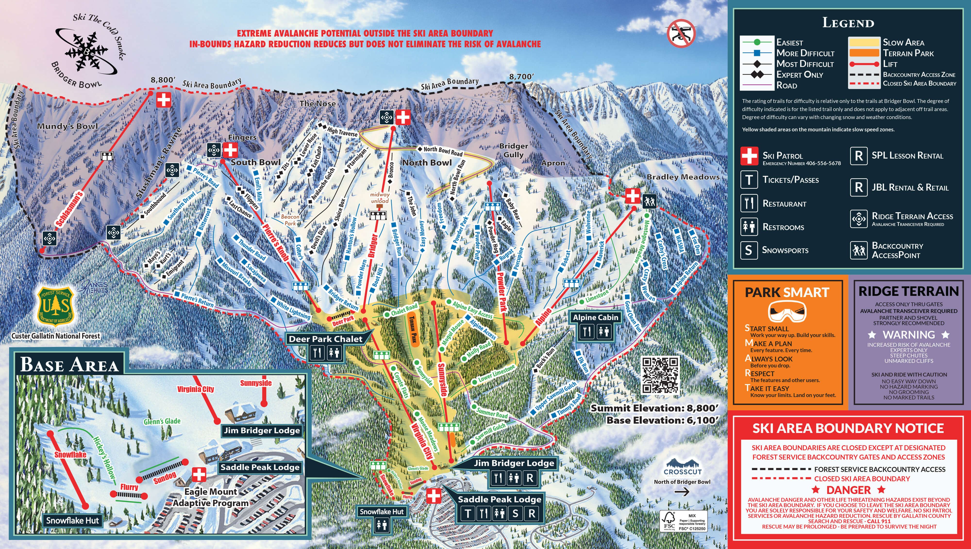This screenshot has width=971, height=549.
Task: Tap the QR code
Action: (660, 375)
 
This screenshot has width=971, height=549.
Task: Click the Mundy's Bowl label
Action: (67, 126)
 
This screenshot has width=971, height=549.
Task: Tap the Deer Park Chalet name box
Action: (326, 339)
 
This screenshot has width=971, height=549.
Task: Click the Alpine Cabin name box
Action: (595, 318)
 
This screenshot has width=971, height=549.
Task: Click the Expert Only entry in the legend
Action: (799, 75)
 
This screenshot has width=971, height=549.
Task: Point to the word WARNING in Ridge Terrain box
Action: (908, 335)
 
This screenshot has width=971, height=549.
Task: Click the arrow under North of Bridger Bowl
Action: (682, 492)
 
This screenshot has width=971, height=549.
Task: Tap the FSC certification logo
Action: (669, 521)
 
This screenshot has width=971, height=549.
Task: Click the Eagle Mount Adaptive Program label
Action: (211, 497)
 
